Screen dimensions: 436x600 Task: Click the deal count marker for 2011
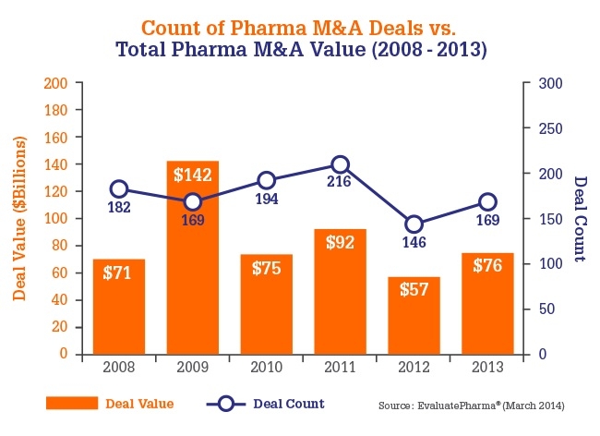[340, 165]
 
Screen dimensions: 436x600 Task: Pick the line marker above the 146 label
[414, 224]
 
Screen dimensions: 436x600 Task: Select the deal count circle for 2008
[118, 189]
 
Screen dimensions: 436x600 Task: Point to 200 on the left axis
[58, 83]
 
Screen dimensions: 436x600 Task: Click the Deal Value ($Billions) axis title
[19, 218]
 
